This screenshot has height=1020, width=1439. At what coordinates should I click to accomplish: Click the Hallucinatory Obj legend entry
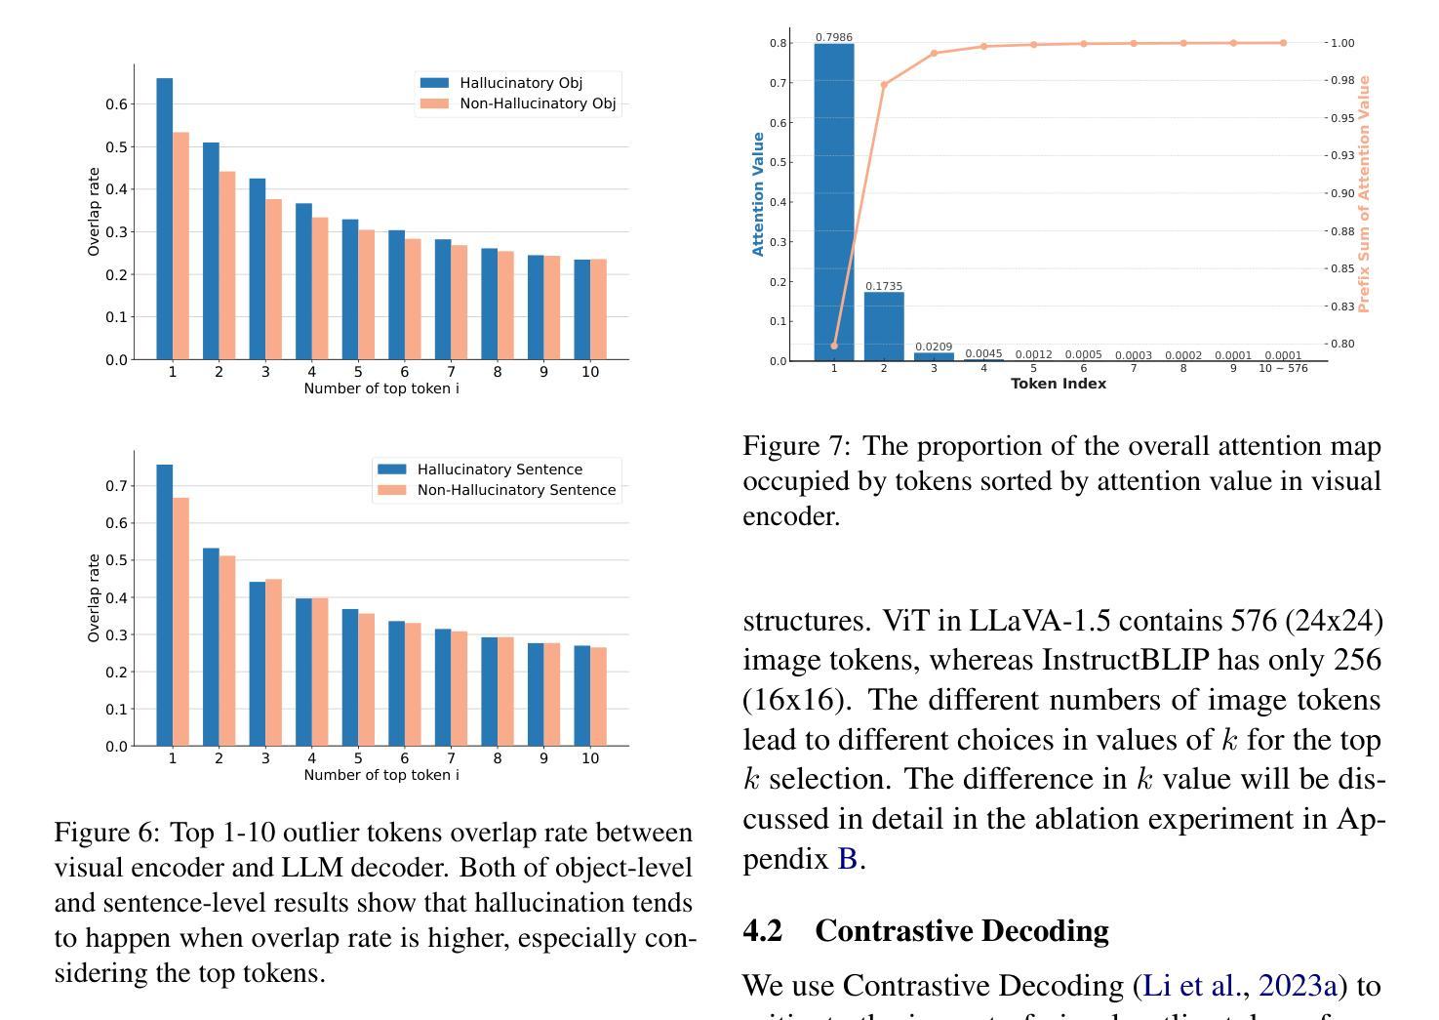tap(520, 83)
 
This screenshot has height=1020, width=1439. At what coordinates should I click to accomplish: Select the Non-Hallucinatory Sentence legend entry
tap(516, 490)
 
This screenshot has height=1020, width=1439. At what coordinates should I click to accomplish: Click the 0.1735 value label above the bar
tap(884, 286)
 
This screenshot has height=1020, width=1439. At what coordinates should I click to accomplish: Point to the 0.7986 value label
tap(834, 37)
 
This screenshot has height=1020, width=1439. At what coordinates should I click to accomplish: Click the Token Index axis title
tap(1059, 384)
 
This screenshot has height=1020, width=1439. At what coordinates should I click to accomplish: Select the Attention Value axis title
tap(758, 194)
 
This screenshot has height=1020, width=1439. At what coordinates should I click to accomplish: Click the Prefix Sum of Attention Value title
tap(1364, 194)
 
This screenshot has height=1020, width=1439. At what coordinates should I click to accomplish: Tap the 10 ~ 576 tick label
tap(1283, 368)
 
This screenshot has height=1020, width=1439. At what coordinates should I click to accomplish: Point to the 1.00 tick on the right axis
tap(1342, 43)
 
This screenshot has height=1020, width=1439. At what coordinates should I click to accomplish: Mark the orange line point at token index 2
tap(884, 85)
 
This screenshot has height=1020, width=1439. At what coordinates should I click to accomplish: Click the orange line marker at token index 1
tap(834, 346)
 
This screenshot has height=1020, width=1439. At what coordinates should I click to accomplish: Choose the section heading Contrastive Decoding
tap(961, 931)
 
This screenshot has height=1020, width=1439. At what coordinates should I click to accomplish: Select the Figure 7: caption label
tap(796, 446)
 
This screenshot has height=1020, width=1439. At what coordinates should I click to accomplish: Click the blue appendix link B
tap(847, 859)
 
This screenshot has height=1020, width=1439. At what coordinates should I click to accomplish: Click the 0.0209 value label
tap(934, 347)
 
